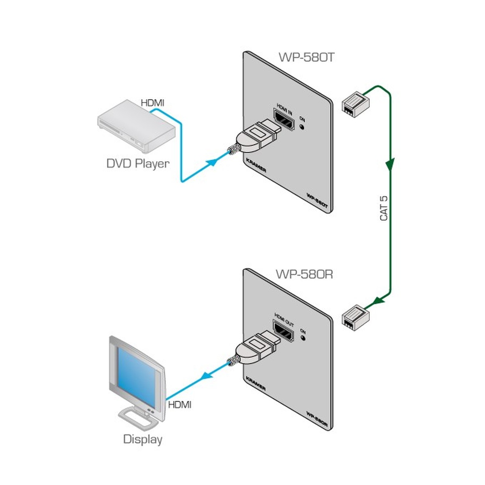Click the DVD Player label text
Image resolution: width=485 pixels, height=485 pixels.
pyautogui.click(x=137, y=164)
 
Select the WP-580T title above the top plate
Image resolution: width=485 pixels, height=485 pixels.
pyautogui.click(x=307, y=57)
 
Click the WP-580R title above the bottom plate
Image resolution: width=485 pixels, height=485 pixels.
pyautogui.click(x=304, y=274)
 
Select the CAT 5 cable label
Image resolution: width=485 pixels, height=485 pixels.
pyautogui.click(x=384, y=209)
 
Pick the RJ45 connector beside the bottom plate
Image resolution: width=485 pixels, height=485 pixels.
pyautogui.click(x=355, y=316)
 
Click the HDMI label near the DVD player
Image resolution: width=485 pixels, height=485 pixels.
pyautogui.click(x=152, y=103)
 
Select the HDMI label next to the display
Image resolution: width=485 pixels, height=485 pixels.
pyautogui.click(x=180, y=405)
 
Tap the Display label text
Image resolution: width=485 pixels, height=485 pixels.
pyautogui.click(x=143, y=439)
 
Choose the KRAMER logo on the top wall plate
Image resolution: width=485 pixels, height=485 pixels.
pyautogui.click(x=256, y=165)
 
